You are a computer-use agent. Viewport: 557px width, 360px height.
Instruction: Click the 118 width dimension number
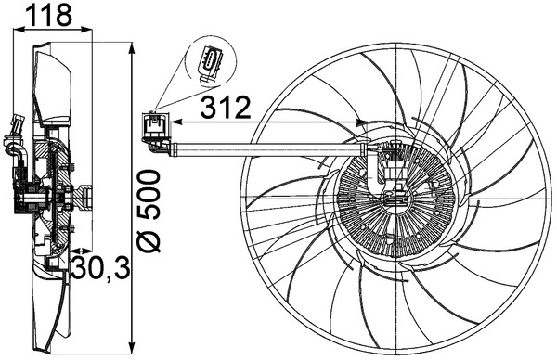pyautogui.click(x=47, y=16)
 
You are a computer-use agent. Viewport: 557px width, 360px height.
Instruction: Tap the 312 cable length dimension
pyautogui.click(x=226, y=108)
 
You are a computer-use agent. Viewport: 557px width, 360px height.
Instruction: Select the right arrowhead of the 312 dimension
pyautogui.click(x=362, y=121)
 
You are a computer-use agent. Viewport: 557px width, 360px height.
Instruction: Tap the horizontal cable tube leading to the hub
pyautogui.click(x=269, y=146)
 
